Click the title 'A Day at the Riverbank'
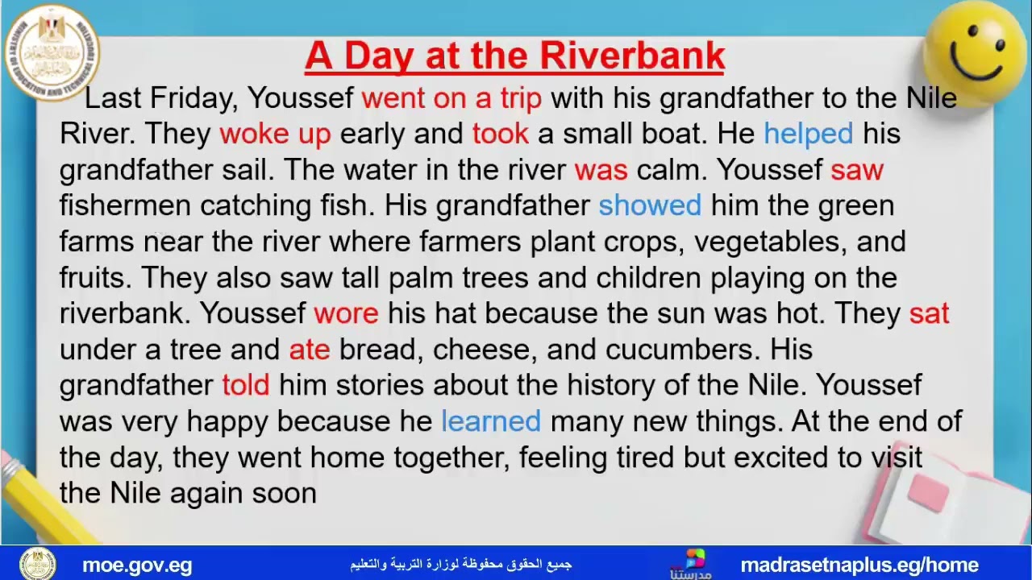click(514, 56)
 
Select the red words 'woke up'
click(275, 134)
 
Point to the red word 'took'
click(501, 134)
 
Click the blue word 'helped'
click(808, 134)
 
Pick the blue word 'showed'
click(649, 205)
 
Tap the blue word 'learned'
click(490, 420)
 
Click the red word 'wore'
click(346, 313)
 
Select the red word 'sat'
click(929, 313)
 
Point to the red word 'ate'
click(310, 349)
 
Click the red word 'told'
click(246, 384)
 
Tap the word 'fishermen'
click(125, 205)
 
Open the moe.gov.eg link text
click(137, 565)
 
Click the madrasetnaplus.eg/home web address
click(859, 565)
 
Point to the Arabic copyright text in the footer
click(460, 564)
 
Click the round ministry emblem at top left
click(51, 52)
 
